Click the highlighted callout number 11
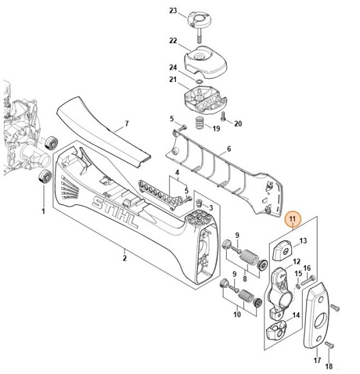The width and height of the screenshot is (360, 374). [293, 220]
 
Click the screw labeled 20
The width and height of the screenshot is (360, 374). [222, 117]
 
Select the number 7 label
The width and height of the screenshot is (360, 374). [127, 123]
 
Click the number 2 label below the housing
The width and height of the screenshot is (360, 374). [125, 258]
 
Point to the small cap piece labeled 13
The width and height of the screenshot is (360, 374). [281, 246]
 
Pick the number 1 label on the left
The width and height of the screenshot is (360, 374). [43, 211]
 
